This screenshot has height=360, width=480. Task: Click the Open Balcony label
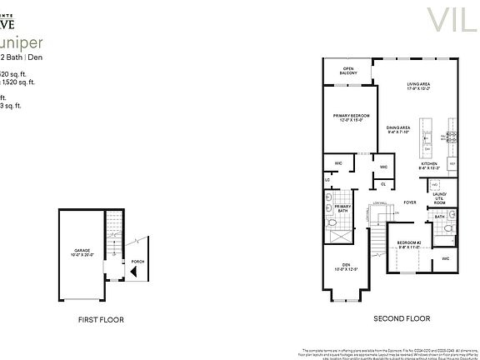click(347, 72)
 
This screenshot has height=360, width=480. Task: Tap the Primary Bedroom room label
click(351, 117)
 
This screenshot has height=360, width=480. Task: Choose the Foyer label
click(409, 201)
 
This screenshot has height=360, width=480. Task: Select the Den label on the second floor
click(344, 267)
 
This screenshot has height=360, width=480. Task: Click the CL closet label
click(382, 183)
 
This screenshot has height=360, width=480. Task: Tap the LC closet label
click(327, 180)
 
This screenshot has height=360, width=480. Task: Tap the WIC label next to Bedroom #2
click(446, 259)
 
